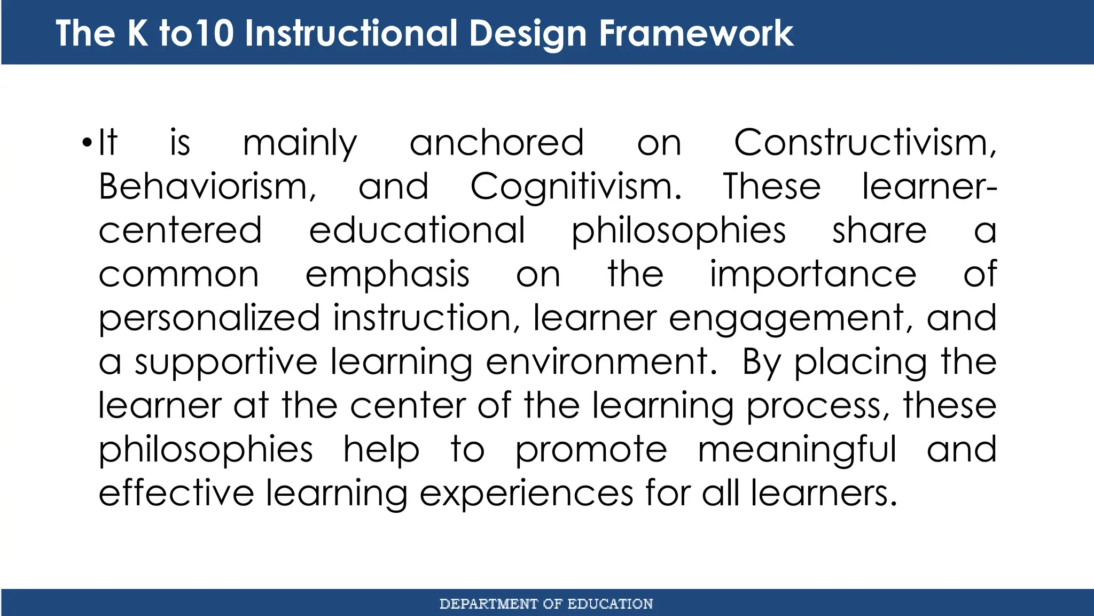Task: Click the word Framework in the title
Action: tap(696, 33)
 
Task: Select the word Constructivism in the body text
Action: tap(864, 143)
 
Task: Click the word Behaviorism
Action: tap(207, 187)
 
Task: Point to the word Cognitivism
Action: tap(576, 187)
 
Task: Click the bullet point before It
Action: tap(88, 144)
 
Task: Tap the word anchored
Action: tap(496, 143)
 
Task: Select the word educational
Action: tap(417, 230)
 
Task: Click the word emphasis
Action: tap(387, 275)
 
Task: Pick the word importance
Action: tap(812, 274)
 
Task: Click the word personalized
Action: tap(209, 319)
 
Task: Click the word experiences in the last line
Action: tap(526, 494)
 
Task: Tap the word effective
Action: tap(176, 492)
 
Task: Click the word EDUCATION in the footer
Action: tap(609, 604)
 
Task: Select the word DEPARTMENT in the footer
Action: tap(488, 604)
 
